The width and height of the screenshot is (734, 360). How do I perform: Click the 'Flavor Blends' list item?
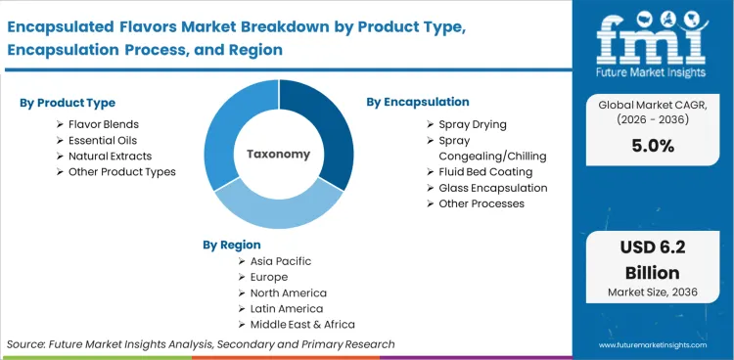pos(103,124)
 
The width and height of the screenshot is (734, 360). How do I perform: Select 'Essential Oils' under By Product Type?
pos(102,140)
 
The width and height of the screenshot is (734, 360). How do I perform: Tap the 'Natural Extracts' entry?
pos(110,156)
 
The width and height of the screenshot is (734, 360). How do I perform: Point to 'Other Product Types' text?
pos(121,171)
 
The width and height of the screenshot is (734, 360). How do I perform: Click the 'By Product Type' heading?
pos(66,103)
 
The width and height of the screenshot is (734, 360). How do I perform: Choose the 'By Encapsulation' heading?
pos(418,102)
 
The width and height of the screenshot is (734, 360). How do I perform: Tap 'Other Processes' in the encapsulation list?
pos(482,203)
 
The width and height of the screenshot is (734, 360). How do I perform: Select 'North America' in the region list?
pos(288,292)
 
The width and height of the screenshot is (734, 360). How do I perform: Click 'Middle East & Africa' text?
pos(302,324)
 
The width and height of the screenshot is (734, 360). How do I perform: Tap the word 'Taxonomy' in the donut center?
pos(279,154)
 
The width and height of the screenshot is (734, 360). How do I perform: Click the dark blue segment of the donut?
pos(328,127)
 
